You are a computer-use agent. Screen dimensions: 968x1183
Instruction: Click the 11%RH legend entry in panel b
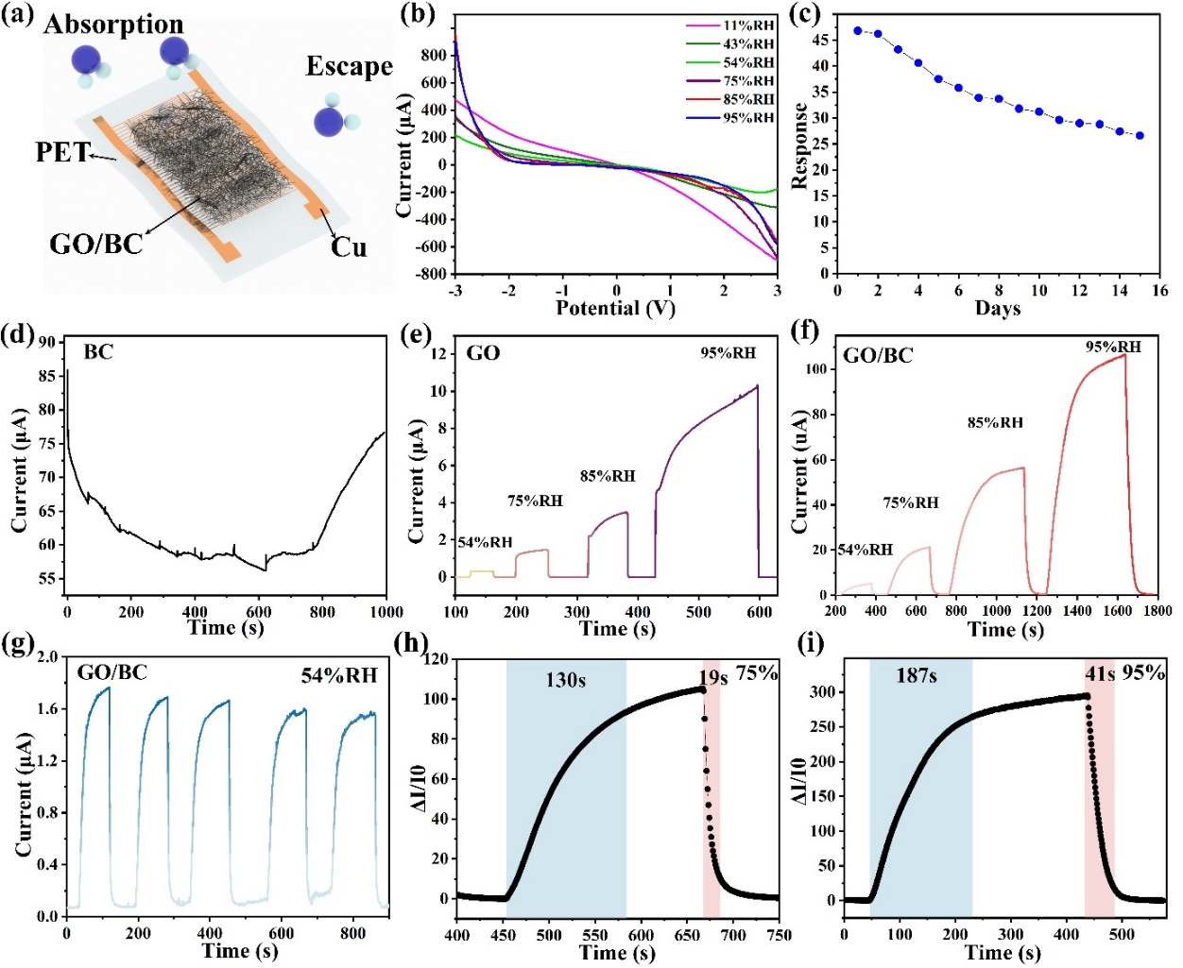(x=748, y=25)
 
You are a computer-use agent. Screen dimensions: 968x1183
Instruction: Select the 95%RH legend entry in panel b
(x=748, y=118)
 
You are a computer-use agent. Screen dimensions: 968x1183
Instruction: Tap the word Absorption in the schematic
(x=113, y=24)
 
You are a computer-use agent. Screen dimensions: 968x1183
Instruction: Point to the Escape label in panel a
(x=349, y=66)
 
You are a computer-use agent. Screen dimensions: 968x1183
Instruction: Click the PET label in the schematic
(x=62, y=152)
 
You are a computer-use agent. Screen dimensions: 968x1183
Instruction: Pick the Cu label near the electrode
(x=349, y=247)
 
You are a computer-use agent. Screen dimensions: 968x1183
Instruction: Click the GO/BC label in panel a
(x=95, y=245)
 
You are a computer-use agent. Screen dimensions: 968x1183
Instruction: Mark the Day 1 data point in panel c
(x=858, y=30)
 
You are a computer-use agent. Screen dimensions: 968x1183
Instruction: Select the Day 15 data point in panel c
(x=1140, y=136)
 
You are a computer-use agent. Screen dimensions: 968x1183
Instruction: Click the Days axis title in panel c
(x=998, y=309)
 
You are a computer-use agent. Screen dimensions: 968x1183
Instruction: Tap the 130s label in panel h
(x=565, y=679)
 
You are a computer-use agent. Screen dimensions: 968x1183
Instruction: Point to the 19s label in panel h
(x=713, y=677)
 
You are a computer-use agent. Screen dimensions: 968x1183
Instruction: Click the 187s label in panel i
(x=916, y=675)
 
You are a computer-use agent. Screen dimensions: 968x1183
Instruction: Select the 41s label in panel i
(x=1100, y=674)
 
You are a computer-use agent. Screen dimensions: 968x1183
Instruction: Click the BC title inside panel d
(x=98, y=352)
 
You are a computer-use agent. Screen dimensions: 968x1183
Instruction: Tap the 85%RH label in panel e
(x=608, y=476)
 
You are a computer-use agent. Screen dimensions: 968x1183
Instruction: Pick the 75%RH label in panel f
(x=911, y=502)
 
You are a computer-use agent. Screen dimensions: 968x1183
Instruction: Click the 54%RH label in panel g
(x=338, y=675)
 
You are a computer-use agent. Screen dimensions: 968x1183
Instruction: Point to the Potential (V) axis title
(x=615, y=309)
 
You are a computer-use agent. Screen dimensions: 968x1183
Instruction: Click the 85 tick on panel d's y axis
(x=46, y=376)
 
